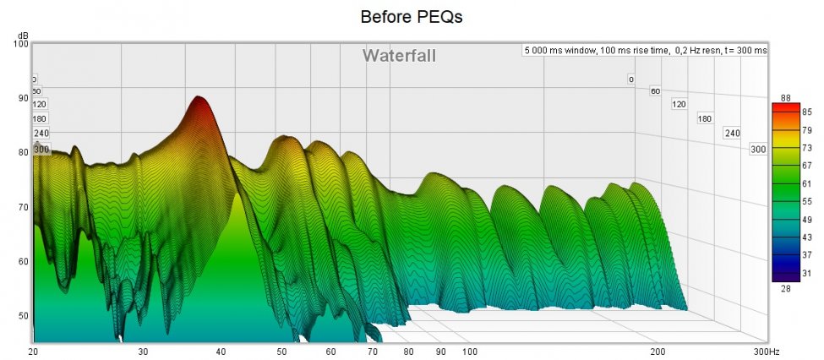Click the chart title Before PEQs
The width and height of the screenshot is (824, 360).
[x=412, y=16]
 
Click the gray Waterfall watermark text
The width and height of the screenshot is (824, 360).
[x=400, y=56]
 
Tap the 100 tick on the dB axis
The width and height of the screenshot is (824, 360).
[x=21, y=43]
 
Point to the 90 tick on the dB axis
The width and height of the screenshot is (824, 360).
[x=23, y=98]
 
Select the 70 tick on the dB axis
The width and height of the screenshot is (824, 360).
[x=23, y=207]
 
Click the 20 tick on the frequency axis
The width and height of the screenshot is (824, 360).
[x=33, y=351]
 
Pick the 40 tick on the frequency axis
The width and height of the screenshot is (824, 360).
[x=221, y=351]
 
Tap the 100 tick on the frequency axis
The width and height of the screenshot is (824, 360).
[x=469, y=351]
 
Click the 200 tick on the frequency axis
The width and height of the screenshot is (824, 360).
[x=657, y=351]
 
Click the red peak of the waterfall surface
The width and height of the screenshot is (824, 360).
[x=199, y=100]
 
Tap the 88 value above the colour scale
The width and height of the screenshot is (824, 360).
[x=784, y=98]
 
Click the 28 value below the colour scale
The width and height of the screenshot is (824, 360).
[x=784, y=289]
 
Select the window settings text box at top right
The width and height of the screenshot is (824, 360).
[x=645, y=51]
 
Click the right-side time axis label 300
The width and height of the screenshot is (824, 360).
[x=758, y=149]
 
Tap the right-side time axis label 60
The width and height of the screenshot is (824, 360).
[x=654, y=91]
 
